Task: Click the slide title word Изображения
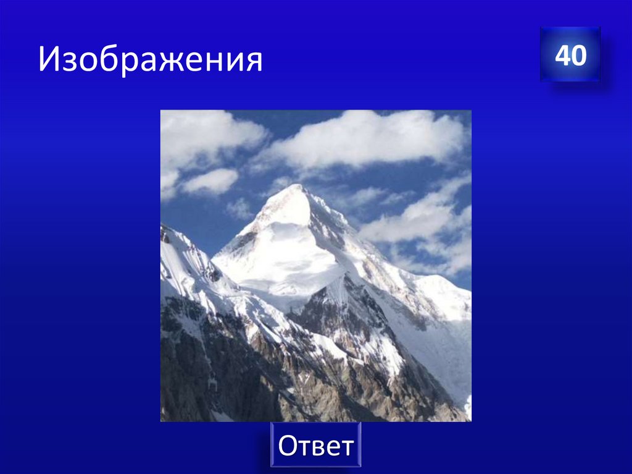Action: pyautogui.click(x=150, y=61)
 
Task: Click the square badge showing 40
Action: pyautogui.click(x=570, y=54)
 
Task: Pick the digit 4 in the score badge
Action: pyautogui.click(x=562, y=56)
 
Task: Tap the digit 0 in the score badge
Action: pyautogui.click(x=578, y=56)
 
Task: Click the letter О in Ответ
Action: pyautogui.click(x=288, y=446)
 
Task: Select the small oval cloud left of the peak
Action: pyautogui.click(x=211, y=180)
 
